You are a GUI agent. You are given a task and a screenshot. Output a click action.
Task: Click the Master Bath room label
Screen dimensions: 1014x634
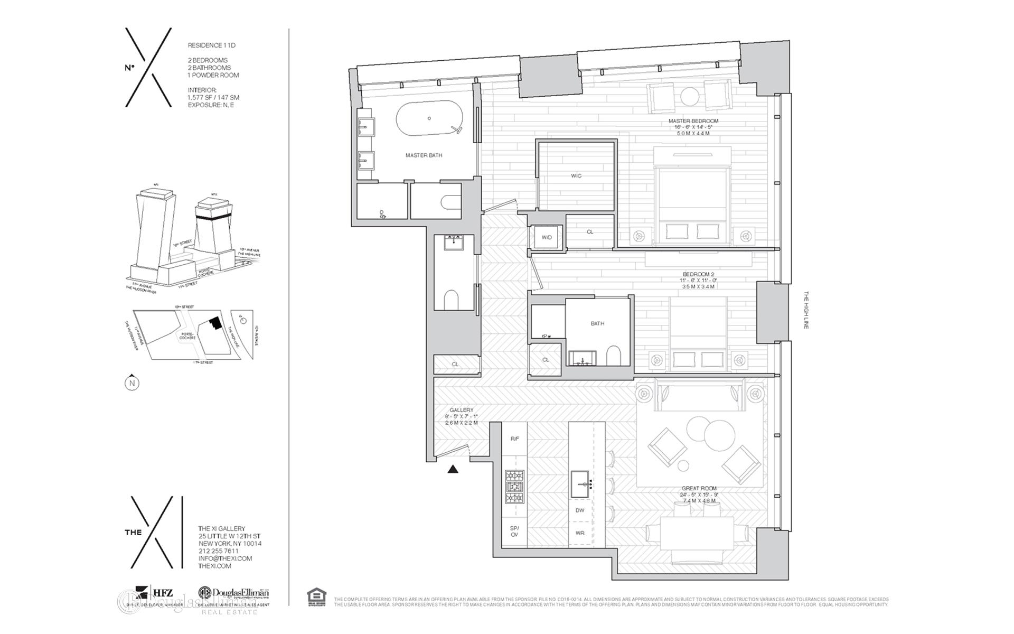coord(424,155)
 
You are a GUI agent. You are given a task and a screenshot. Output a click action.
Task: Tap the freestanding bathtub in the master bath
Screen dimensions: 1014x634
coord(429,118)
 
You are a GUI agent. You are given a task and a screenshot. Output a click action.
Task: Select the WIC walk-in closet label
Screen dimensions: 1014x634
coord(576,176)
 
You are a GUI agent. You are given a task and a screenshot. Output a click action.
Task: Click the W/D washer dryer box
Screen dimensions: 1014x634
coord(546,237)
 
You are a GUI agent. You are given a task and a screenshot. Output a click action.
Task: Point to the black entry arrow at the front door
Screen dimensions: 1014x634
coord(453,469)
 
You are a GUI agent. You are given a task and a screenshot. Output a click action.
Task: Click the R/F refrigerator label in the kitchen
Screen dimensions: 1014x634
coord(514,439)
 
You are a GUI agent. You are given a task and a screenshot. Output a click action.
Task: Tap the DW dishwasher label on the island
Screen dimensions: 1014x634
coord(579,510)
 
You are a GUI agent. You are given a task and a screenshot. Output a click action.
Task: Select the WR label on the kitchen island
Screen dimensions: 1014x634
coord(579,533)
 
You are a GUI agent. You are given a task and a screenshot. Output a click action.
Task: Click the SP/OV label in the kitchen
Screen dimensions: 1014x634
coord(514,532)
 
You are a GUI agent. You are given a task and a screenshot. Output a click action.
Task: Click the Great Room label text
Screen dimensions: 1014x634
coord(698,489)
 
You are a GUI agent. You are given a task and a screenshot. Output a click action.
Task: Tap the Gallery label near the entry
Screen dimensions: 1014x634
coord(461,410)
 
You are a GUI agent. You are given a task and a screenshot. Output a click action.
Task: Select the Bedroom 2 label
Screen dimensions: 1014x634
coord(698,274)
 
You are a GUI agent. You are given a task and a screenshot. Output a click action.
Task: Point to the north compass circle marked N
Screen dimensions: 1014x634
coord(132,383)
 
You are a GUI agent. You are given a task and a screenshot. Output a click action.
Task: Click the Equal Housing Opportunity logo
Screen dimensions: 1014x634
coord(316,597)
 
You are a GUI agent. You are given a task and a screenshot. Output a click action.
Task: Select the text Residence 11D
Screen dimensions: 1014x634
coord(211,45)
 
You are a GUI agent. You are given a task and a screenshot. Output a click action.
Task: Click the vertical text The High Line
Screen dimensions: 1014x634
coord(806,310)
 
